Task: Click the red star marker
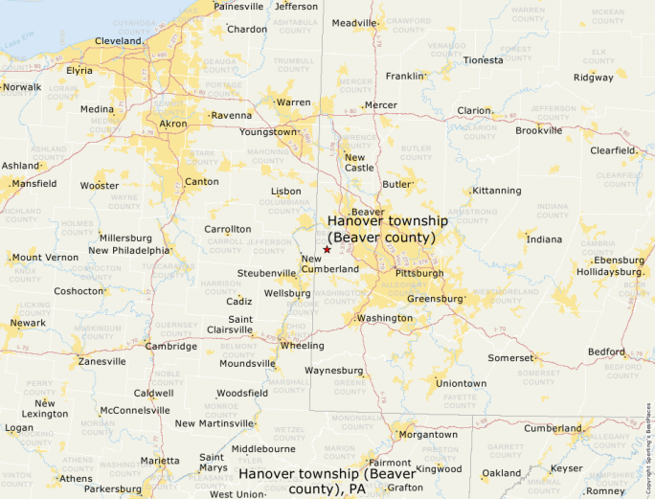(x=327, y=249)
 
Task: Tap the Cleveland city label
(x=118, y=41)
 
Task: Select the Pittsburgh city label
(x=419, y=273)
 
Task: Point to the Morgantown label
(x=428, y=434)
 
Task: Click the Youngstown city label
(x=268, y=131)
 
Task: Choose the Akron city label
(x=173, y=125)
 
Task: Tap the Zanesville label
(x=102, y=361)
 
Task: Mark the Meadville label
(x=354, y=23)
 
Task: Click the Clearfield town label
(x=613, y=150)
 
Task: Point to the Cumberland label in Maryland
(x=553, y=428)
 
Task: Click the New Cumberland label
(x=329, y=263)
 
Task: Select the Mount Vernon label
(x=45, y=257)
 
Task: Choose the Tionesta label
(x=483, y=59)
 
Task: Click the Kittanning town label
(x=497, y=191)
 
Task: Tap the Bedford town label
(x=606, y=352)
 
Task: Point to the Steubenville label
(x=267, y=273)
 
